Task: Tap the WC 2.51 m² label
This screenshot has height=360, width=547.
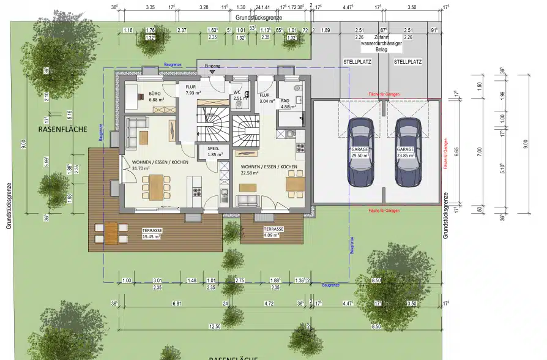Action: pos(239,95)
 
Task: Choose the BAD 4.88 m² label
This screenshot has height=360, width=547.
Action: pos(285,103)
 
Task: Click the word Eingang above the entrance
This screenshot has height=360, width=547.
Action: pos(212,65)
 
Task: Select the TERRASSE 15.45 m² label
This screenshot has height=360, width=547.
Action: pos(151,233)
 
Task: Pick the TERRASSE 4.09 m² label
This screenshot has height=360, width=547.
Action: pos(273,231)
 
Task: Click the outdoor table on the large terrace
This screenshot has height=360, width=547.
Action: pos(111,232)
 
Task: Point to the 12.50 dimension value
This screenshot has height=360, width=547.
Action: pos(213,326)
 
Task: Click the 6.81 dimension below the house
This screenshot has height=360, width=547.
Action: pos(177,303)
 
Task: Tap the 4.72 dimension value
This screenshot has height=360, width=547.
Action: pos(268,303)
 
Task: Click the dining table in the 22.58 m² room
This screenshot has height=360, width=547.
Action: pos(295,182)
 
